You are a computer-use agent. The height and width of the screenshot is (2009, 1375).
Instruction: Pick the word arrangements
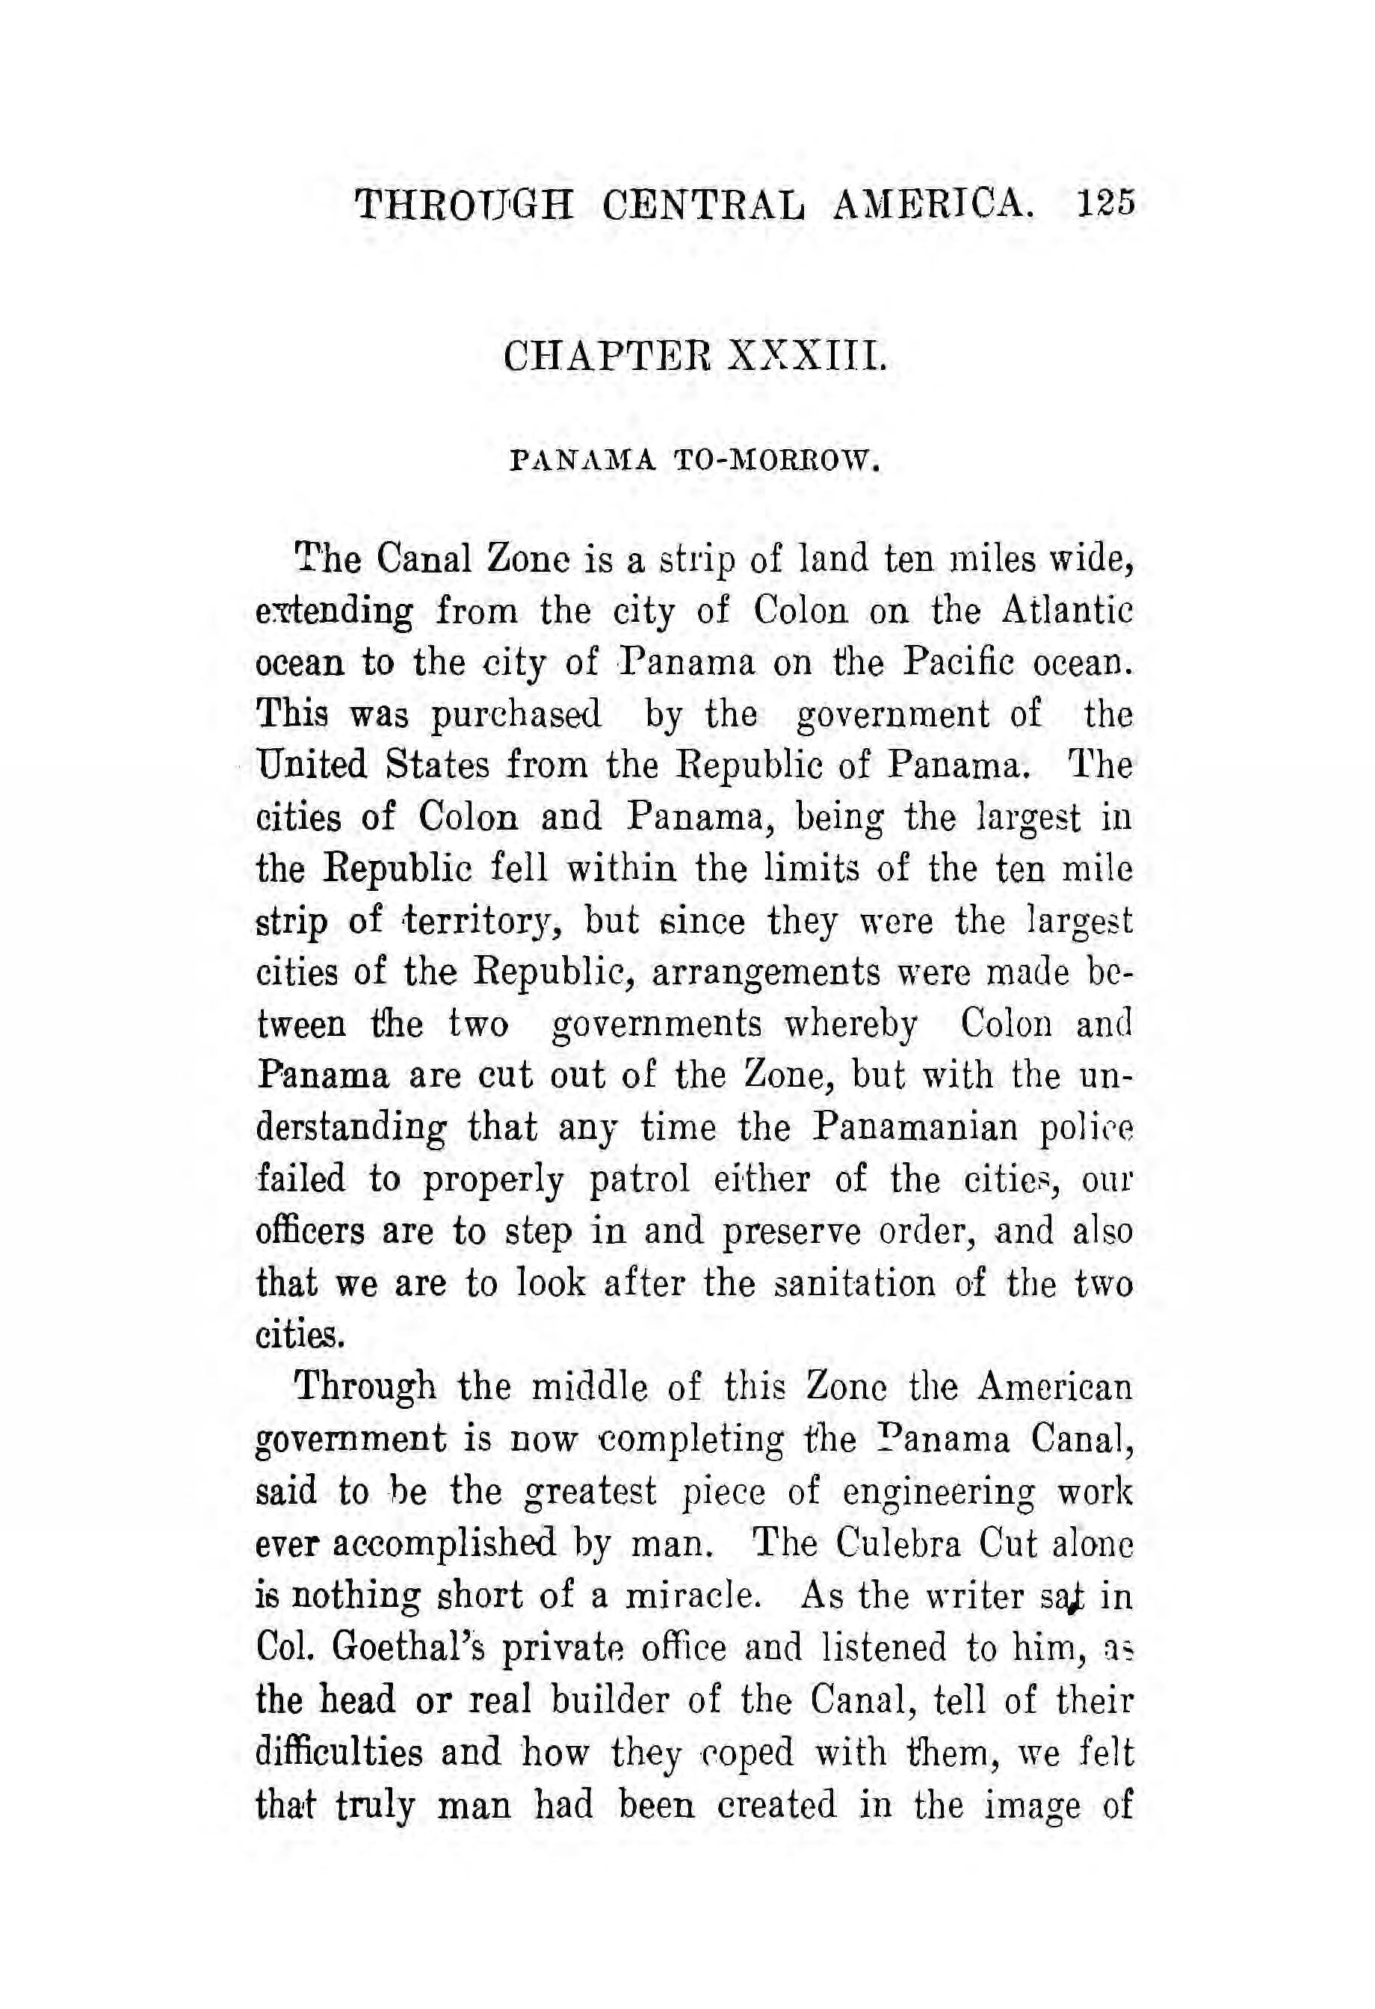[766, 972]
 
